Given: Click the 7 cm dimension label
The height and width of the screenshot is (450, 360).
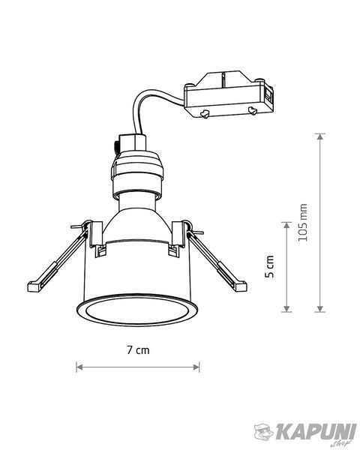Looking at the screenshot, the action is click(x=138, y=350).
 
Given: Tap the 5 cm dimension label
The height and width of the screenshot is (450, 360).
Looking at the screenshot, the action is click(x=269, y=266).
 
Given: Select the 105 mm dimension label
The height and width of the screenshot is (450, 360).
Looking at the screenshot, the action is click(x=303, y=223).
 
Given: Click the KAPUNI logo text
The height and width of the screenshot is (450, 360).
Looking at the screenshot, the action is click(x=316, y=432).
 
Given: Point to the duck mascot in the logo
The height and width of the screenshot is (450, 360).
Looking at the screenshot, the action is click(x=264, y=432).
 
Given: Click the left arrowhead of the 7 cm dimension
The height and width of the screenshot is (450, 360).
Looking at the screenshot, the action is click(x=79, y=367).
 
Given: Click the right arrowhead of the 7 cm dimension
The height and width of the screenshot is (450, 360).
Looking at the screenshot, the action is click(x=196, y=367).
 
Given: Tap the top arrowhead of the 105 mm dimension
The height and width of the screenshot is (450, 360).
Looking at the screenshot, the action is click(x=319, y=136).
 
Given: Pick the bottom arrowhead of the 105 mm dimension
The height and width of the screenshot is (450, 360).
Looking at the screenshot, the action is click(x=319, y=309).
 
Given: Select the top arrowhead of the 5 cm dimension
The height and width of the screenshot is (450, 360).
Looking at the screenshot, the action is click(x=286, y=225).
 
